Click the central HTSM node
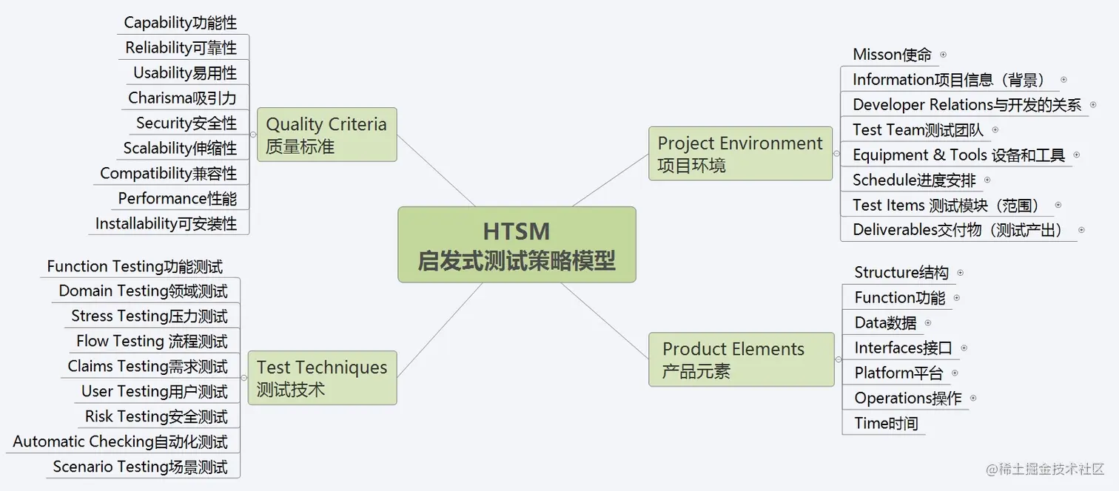click(x=517, y=245)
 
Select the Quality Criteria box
click(x=326, y=135)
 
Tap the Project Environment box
click(x=740, y=153)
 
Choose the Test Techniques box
click(x=322, y=378)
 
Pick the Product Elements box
click(x=741, y=359)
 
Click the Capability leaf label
click(x=181, y=23)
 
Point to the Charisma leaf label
click(x=182, y=98)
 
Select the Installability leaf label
click(x=167, y=223)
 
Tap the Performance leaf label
click(x=178, y=198)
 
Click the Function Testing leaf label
click(x=135, y=266)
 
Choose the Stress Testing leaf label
click(x=149, y=316)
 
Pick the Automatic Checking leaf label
click(x=121, y=442)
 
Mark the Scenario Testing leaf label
click(x=141, y=467)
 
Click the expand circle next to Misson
click(x=943, y=55)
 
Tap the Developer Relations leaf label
click(x=967, y=105)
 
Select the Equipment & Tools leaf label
click(x=958, y=155)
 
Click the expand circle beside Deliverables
click(x=1081, y=230)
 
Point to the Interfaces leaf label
click(x=903, y=348)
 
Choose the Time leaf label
click(x=886, y=423)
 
